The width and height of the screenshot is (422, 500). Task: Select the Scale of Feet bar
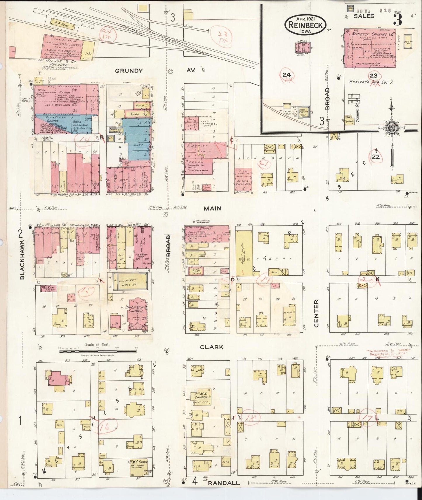point(98,351)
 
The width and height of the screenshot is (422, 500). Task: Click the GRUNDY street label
point(128,71)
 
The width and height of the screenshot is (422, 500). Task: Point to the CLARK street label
point(211,347)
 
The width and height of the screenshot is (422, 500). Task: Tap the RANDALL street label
point(224,483)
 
